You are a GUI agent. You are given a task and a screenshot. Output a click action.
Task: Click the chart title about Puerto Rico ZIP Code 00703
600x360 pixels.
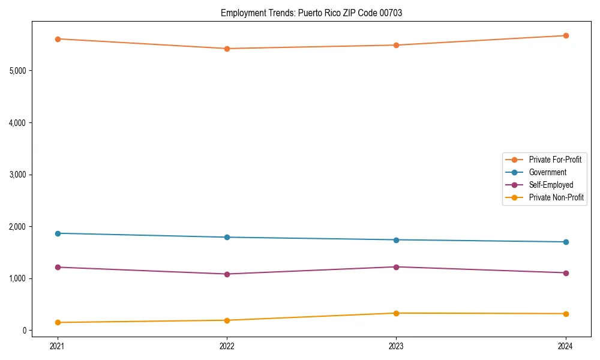pyautogui.click(x=311, y=13)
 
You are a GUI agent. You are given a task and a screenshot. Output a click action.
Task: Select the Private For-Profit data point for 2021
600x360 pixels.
pyautogui.click(x=58, y=39)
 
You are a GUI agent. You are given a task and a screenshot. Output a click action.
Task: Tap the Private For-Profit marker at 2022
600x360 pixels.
pyautogui.click(x=227, y=49)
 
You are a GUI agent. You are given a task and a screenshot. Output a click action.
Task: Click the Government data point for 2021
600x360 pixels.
pyautogui.click(x=58, y=233)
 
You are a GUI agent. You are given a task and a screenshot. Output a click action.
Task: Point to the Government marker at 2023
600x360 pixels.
pyautogui.click(x=396, y=240)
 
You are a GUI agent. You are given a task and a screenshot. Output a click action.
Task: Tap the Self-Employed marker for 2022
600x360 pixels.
pyautogui.click(x=227, y=274)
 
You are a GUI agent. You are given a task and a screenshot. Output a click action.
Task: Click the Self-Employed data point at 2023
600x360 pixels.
pyautogui.click(x=396, y=267)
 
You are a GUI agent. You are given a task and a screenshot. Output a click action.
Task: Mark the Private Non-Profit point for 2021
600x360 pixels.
pyautogui.click(x=58, y=322)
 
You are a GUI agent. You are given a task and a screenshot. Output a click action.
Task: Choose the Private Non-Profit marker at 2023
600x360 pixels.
pyautogui.click(x=396, y=313)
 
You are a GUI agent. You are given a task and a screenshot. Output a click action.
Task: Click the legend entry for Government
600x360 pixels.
pyautogui.click(x=547, y=172)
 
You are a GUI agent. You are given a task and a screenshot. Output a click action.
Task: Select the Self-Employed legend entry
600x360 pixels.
pyautogui.click(x=551, y=185)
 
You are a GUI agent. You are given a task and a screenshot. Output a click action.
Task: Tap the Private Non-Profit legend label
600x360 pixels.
pyautogui.click(x=556, y=197)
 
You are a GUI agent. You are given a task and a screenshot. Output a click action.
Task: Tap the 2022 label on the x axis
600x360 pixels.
pyautogui.click(x=227, y=346)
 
